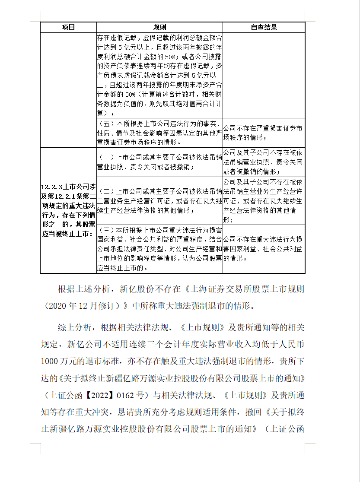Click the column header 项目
[68, 27]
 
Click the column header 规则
[159, 27]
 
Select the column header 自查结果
[264, 27]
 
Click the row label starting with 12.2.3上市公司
[68, 210]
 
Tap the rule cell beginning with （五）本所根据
[159, 133]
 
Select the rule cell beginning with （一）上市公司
[159, 162]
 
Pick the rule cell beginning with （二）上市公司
[159, 200]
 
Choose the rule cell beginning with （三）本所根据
[159, 249]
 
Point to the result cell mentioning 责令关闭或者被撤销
[264, 162]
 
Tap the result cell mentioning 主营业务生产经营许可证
[264, 200]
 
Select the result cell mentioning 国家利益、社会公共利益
[264, 248]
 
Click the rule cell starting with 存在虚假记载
[159, 75]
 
